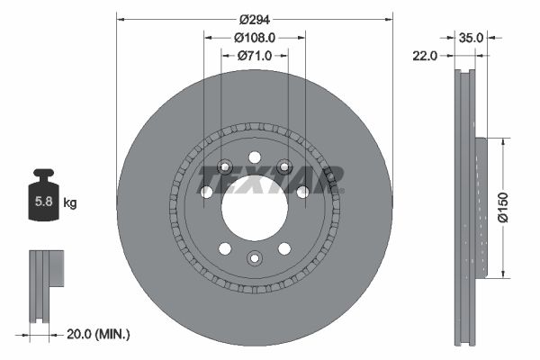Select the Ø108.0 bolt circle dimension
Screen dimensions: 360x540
click(x=255, y=38)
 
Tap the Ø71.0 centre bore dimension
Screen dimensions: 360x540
click(x=255, y=56)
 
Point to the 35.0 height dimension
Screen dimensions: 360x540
click(x=472, y=38)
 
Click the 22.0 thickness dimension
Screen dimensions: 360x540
click(x=426, y=56)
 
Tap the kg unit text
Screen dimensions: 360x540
click(x=70, y=203)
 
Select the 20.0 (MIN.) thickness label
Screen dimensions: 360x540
click(x=99, y=334)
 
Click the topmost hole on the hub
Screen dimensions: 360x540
click(x=254, y=157)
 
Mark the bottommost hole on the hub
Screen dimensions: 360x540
click(x=254, y=259)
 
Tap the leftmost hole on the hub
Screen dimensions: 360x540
click(x=206, y=192)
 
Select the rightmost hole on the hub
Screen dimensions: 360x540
click(x=302, y=192)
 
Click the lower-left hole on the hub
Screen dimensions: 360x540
click(x=223, y=248)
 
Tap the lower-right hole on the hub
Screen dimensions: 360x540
click(x=284, y=248)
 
